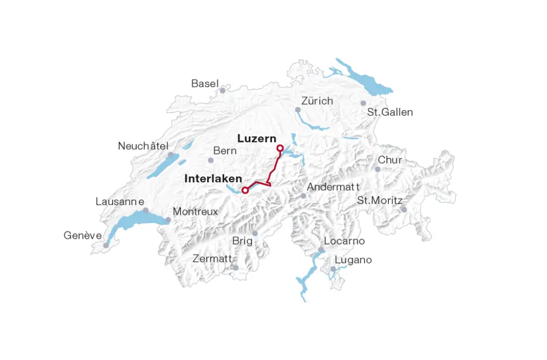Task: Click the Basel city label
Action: (205, 84)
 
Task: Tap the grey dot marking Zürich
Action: (298, 110)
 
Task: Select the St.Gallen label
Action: (390, 112)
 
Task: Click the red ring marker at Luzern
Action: (280, 148)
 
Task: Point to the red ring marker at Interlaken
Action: (245, 190)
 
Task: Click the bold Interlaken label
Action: (213, 179)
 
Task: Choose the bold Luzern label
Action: (257, 139)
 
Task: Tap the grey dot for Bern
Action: (211, 160)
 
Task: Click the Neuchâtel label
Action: (143, 146)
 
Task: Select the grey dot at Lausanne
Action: (146, 210)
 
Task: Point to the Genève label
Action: (83, 236)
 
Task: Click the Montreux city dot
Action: (168, 220)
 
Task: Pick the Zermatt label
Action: (212, 259)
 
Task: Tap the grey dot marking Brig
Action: (255, 233)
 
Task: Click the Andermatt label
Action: (333, 187)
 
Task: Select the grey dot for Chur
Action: (377, 169)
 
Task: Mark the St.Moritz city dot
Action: (404, 210)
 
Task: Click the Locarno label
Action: (344, 241)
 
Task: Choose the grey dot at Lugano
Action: (333, 269)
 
